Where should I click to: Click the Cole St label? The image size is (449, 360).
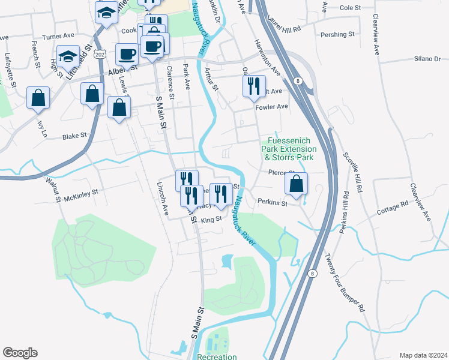[x=349, y=8]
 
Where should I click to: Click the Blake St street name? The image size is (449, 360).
[x=75, y=137]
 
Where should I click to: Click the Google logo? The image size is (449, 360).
[x=20, y=353]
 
